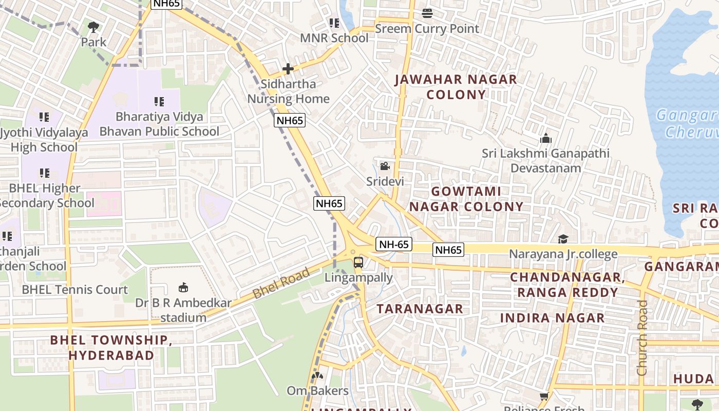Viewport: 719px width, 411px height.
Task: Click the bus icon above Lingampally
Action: (358, 263)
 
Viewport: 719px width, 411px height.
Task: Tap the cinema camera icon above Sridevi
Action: (385, 166)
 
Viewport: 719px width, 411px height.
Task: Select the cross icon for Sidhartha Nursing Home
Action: (288, 68)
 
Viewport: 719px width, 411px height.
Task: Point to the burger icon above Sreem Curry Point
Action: (427, 13)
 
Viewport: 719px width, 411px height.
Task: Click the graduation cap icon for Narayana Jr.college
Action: (563, 239)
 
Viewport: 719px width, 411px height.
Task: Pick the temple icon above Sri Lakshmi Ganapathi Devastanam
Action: (545, 138)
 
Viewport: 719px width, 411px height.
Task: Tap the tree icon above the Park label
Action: (93, 27)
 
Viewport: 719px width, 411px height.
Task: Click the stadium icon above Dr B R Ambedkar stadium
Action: (183, 287)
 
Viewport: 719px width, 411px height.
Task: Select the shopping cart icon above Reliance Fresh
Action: (544, 396)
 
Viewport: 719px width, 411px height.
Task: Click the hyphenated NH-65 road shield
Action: (394, 244)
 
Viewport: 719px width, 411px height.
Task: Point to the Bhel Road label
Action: (281, 283)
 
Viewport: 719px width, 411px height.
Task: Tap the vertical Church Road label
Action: (642, 338)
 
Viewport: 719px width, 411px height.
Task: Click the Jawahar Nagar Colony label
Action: (456, 87)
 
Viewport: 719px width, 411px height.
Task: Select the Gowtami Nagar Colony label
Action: (466, 199)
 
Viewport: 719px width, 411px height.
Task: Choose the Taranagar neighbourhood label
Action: (420, 309)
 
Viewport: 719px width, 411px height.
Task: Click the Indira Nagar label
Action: (552, 318)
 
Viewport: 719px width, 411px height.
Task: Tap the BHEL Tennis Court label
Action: (74, 290)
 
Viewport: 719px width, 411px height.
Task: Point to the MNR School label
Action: (334, 39)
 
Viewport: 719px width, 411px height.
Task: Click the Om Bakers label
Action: (317, 391)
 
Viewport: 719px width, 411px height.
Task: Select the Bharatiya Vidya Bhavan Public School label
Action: (159, 124)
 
